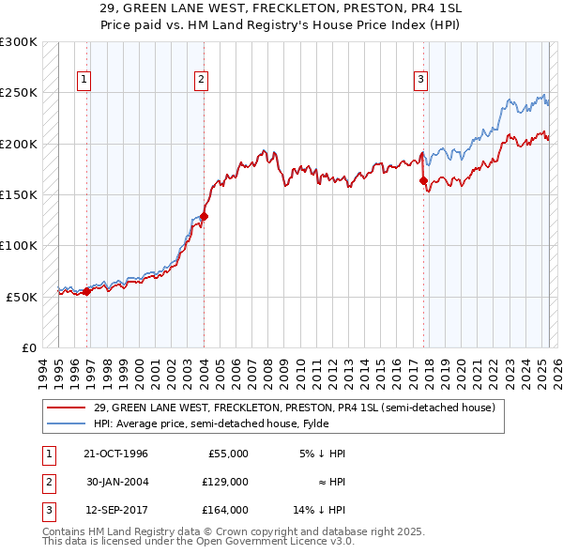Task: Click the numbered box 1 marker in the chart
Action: click(84, 81)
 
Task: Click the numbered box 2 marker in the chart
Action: click(201, 81)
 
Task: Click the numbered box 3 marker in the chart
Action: click(420, 81)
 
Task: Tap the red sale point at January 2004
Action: click(204, 216)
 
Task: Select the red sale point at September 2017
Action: click(423, 180)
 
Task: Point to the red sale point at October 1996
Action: click(87, 291)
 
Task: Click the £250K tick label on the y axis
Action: click(19, 93)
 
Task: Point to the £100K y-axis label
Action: click(19, 245)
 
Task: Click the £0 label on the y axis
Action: click(28, 347)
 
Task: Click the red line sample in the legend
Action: click(66, 408)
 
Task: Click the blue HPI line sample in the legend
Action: click(66, 423)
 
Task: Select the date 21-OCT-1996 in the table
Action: click(116, 454)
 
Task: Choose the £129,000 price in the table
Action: click(225, 482)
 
